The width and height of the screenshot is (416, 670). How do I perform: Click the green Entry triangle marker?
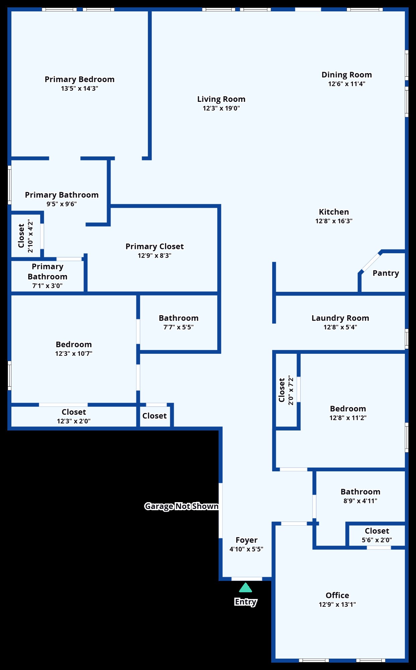click(245, 588)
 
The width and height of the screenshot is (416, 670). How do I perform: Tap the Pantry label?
click(386, 273)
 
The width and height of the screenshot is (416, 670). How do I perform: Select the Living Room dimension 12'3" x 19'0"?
click(221, 108)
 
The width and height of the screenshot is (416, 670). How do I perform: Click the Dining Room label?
click(347, 75)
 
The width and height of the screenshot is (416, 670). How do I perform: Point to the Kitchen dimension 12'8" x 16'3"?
click(334, 221)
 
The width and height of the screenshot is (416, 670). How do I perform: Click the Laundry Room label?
click(340, 318)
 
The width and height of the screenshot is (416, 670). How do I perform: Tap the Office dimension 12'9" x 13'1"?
click(337, 605)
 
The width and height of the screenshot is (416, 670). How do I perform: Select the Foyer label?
click(246, 540)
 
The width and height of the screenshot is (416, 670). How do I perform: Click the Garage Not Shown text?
click(181, 506)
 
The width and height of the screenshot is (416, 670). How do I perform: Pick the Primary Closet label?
click(155, 247)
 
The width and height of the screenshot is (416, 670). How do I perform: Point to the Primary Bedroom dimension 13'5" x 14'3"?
click(79, 88)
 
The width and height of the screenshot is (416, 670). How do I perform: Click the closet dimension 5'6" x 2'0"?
click(377, 540)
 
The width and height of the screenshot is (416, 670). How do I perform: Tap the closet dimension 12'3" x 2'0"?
click(74, 421)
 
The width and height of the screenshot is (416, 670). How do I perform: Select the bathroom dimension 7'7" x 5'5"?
click(178, 327)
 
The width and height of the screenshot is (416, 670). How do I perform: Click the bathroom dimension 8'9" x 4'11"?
click(360, 501)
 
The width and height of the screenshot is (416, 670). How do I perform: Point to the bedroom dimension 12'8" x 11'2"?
click(348, 418)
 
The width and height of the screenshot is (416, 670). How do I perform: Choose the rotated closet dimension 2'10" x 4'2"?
click(31, 236)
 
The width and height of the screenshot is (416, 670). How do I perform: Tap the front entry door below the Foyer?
click(247, 579)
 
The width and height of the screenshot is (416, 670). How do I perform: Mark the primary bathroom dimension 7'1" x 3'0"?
click(47, 286)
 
